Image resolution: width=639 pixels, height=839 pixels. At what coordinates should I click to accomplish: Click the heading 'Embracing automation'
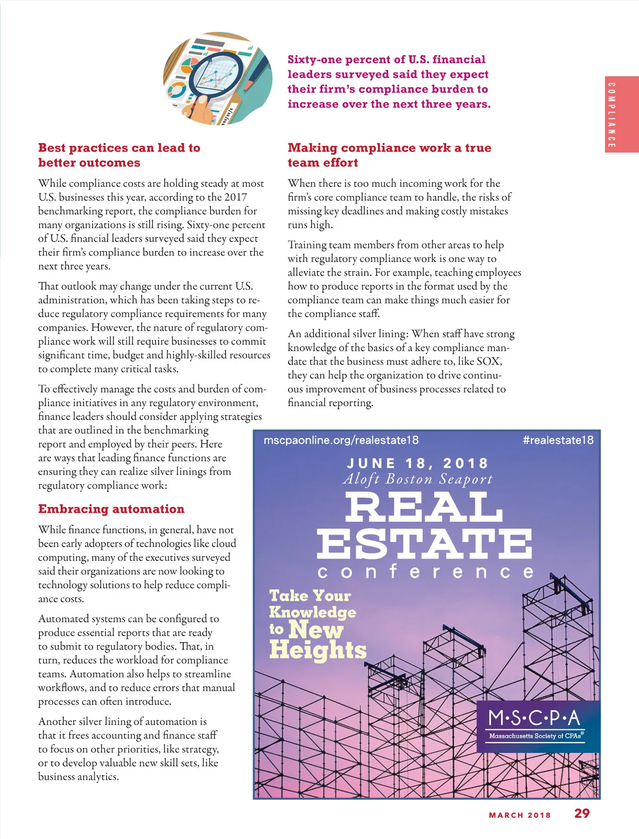(x=111, y=509)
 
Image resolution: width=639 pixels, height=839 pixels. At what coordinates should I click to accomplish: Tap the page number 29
(x=582, y=813)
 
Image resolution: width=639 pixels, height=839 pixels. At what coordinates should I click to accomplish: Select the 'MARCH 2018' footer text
(x=520, y=815)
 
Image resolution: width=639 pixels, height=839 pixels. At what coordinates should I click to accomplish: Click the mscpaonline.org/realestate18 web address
(x=341, y=440)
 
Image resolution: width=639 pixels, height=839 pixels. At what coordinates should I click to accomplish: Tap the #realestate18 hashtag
(x=558, y=440)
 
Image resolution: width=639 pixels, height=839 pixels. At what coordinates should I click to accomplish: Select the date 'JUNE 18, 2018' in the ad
(x=417, y=463)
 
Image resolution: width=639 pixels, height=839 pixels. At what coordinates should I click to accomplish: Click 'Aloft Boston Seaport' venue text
(x=417, y=479)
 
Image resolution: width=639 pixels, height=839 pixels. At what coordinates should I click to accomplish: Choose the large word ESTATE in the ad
(x=424, y=544)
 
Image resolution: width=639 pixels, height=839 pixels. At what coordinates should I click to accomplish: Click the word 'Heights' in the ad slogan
(x=318, y=651)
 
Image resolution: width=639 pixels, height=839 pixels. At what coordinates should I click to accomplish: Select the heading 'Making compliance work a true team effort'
(x=389, y=155)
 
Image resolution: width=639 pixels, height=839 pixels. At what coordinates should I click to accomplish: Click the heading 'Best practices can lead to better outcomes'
(x=119, y=155)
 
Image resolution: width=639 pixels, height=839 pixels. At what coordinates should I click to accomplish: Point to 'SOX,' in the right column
(x=489, y=361)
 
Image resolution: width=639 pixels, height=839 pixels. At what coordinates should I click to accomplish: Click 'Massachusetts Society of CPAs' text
(x=535, y=736)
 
